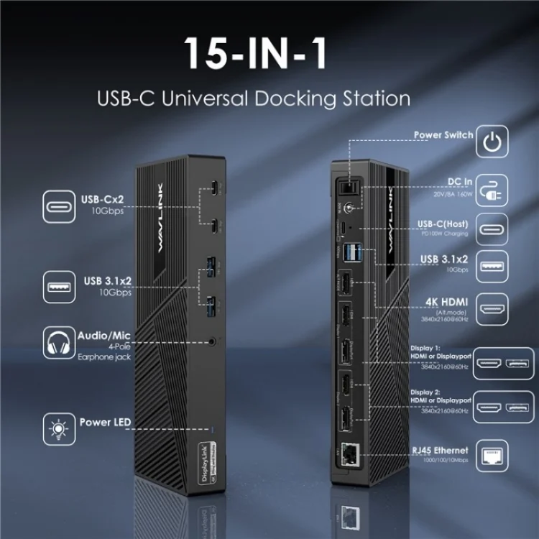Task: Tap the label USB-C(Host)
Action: pyautogui.click(x=441, y=224)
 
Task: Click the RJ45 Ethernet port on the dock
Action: pyautogui.click(x=352, y=452)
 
